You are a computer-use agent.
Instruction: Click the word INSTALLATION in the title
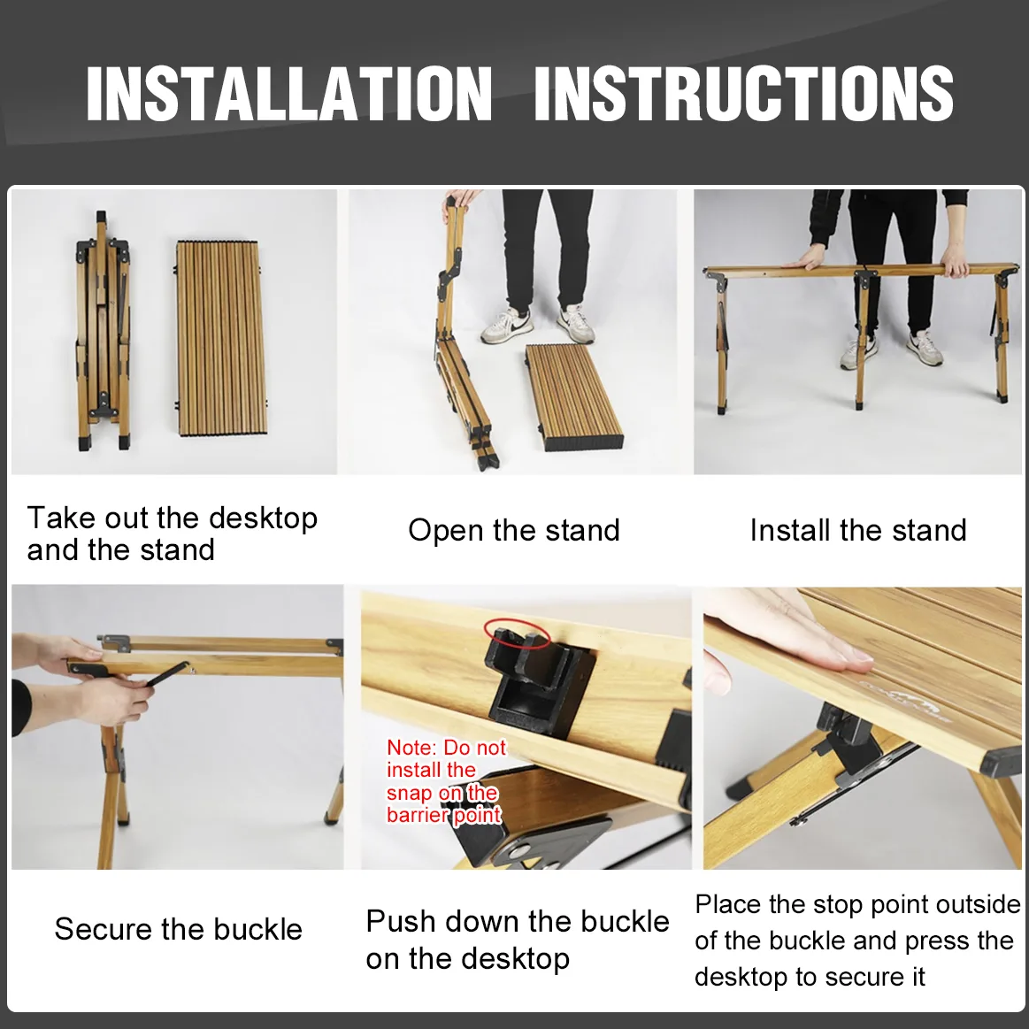pos(289,93)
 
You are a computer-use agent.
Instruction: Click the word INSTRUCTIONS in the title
pos(743,93)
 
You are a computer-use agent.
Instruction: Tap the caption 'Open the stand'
pos(514,530)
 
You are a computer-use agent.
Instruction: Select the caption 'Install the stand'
pos(858,530)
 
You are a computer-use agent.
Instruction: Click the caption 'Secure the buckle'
pos(179,929)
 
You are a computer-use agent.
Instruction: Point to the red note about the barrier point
pos(446,781)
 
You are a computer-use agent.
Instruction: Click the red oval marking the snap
pos(517,633)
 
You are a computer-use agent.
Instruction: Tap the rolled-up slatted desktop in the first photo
pos(222,338)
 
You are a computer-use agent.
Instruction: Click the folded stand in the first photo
pos(103,332)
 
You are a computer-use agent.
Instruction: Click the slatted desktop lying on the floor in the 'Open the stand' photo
pos(573,397)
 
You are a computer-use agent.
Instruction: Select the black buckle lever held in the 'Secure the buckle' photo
pos(166,674)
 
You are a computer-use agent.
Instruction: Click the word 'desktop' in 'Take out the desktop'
pos(263,518)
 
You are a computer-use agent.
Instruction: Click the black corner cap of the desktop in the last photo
pos(1002,764)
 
